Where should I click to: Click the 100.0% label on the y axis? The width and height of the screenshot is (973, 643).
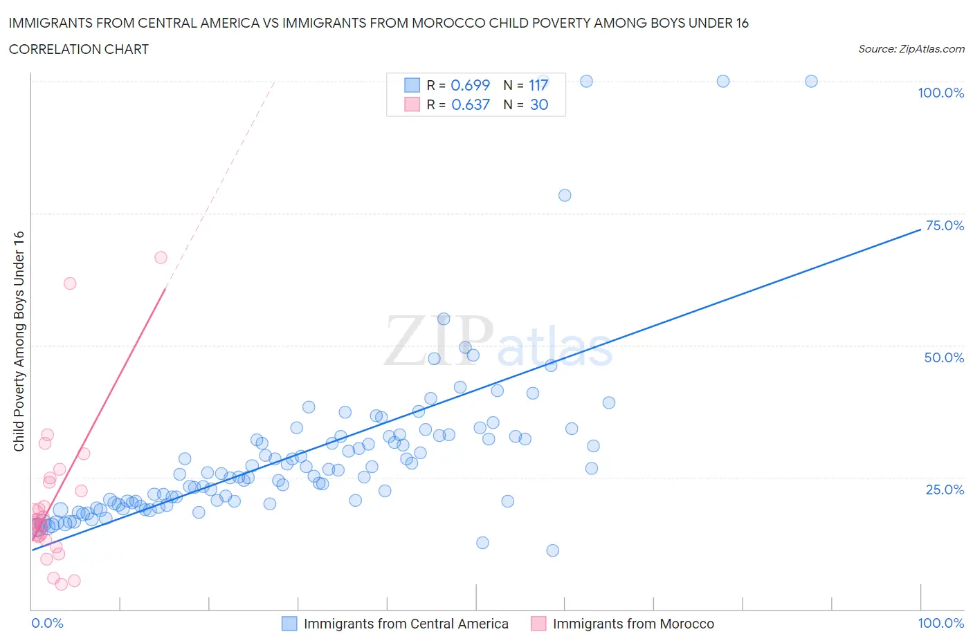940,93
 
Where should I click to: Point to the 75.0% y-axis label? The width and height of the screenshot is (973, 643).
945,226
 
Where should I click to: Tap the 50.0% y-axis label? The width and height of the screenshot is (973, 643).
944,358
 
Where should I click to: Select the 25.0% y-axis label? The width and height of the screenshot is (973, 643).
945,490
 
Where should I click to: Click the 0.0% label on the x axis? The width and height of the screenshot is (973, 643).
47,624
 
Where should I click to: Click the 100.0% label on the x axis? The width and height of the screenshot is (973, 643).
940,624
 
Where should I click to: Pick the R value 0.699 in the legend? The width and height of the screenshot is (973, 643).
470,85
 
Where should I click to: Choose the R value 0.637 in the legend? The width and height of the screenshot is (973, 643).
470,104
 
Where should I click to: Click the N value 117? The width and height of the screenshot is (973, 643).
538,85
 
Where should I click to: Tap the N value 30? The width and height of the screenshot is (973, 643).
539,104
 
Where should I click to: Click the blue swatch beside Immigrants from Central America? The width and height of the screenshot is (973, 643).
289,624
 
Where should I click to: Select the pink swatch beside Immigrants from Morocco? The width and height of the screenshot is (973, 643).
538,624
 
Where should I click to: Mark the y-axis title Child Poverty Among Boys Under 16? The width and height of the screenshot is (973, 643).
19,341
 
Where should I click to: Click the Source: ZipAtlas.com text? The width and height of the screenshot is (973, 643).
911,49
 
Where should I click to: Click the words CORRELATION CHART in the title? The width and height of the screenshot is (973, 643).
79,49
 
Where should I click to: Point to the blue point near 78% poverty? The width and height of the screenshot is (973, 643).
565,196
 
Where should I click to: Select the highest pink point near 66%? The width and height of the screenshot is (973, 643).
161,258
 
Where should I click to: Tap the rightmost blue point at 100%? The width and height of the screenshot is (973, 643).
811,82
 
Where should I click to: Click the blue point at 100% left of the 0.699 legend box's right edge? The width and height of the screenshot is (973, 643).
543,81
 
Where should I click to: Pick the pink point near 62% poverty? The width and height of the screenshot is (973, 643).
70,283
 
